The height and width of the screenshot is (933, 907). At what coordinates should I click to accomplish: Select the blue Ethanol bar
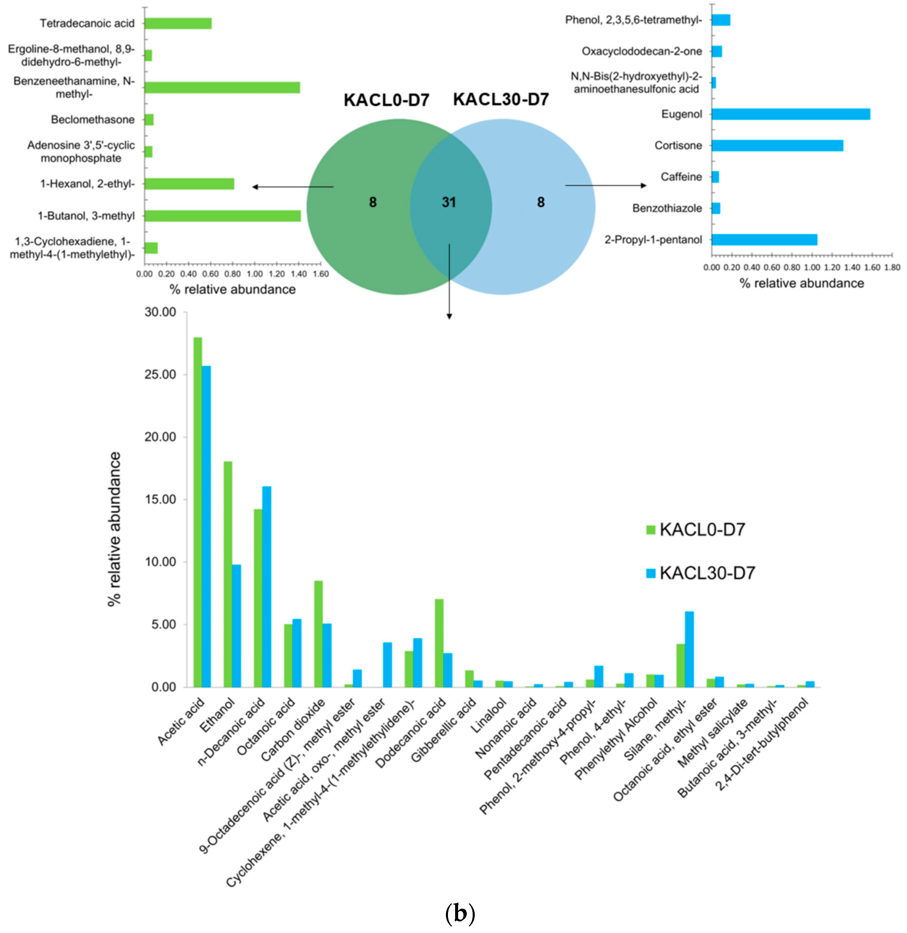click(x=236, y=626)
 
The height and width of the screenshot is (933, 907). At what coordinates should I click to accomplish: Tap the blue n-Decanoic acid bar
click(x=267, y=586)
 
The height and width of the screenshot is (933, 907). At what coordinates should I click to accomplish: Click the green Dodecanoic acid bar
click(x=439, y=642)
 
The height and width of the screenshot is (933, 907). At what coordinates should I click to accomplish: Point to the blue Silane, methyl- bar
click(x=689, y=649)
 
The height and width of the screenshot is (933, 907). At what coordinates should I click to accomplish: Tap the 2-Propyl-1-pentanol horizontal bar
click(x=764, y=239)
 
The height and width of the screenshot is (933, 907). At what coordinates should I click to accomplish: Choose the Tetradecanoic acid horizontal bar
click(x=178, y=23)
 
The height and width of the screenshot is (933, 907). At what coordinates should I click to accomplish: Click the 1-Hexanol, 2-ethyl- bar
click(x=189, y=184)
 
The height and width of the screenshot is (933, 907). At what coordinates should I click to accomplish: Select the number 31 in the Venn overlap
click(x=449, y=202)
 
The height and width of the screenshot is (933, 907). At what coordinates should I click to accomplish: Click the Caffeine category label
click(x=681, y=177)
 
